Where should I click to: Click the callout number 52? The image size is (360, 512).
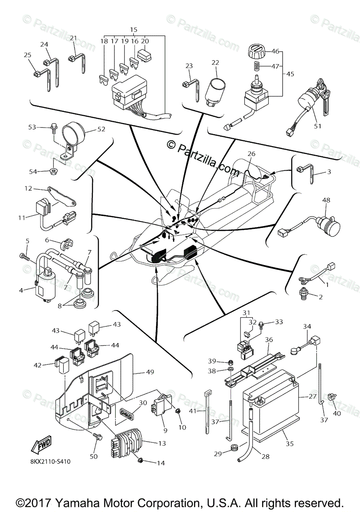pyautogui.click(x=101, y=129)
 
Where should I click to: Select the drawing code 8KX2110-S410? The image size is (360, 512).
pyautogui.click(x=50, y=461)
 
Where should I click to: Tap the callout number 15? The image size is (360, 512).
pyautogui.click(x=134, y=30)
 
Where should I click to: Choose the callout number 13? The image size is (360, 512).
pyautogui.click(x=162, y=443)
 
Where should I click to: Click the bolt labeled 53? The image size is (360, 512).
pyautogui.click(x=54, y=127)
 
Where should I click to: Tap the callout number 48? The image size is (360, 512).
pyautogui.click(x=326, y=199)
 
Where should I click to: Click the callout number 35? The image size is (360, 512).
pyautogui.click(x=290, y=443)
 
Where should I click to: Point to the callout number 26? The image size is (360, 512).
pyautogui.click(x=252, y=154)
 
